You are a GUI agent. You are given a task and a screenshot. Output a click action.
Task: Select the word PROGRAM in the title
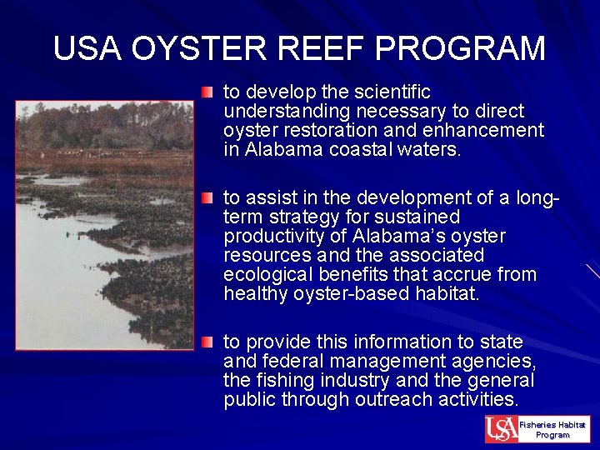point(461,48)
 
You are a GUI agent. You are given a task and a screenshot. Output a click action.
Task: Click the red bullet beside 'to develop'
point(207,91)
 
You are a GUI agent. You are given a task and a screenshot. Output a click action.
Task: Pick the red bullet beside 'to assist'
point(207,197)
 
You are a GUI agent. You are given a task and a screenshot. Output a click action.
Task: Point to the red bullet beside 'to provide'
point(207,342)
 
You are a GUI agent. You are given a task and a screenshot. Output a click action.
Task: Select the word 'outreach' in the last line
point(391,399)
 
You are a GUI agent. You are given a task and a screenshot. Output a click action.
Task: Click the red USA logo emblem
point(501,429)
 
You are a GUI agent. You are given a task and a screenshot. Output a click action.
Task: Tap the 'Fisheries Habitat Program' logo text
point(552,429)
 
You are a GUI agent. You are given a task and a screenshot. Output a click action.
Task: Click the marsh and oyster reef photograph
point(104,225)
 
